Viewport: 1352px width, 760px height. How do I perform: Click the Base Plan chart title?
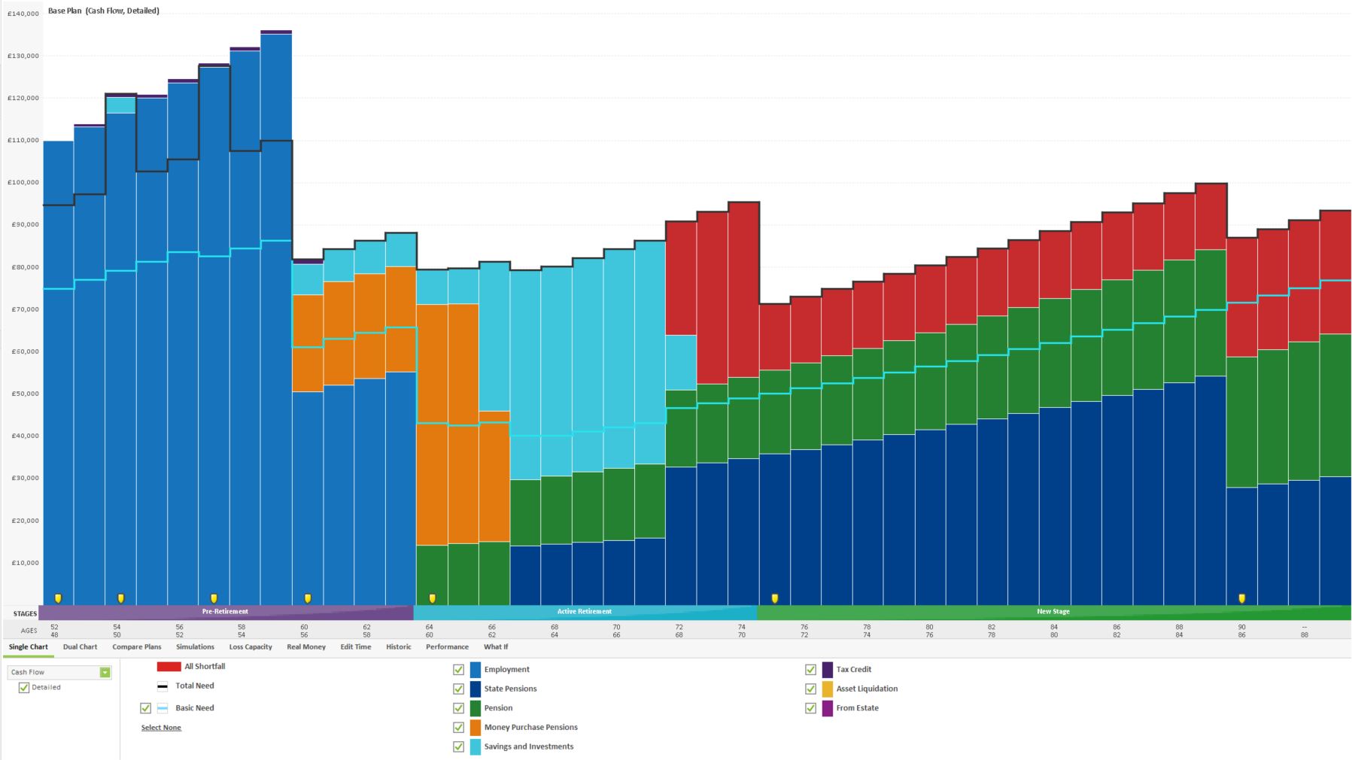(x=103, y=11)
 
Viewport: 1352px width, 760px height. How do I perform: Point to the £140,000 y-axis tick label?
(x=23, y=14)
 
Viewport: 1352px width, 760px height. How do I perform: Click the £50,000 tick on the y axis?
(x=23, y=394)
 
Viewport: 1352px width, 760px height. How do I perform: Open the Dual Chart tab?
(x=80, y=647)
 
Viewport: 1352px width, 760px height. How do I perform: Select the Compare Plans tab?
(x=136, y=647)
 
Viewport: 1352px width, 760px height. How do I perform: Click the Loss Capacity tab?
(x=251, y=647)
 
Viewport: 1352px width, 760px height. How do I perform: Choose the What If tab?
(x=495, y=647)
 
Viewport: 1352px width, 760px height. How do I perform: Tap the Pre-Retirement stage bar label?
(x=224, y=612)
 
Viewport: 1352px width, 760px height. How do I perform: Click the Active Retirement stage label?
(x=584, y=612)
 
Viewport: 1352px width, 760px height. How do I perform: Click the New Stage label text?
(x=1053, y=612)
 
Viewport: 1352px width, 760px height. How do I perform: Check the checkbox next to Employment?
(x=458, y=670)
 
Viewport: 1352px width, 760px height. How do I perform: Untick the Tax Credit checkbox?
(x=810, y=670)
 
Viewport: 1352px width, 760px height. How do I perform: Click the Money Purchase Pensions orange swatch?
(x=475, y=728)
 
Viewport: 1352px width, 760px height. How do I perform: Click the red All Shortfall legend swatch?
(x=169, y=667)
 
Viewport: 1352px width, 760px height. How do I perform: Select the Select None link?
(x=161, y=728)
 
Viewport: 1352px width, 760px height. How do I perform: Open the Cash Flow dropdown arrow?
(x=105, y=672)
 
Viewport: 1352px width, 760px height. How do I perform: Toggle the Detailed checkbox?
(x=24, y=688)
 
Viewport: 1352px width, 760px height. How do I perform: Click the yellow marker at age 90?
(x=1241, y=599)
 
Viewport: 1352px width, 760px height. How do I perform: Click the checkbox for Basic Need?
(x=145, y=708)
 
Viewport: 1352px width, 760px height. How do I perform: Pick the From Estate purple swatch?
(x=828, y=708)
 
